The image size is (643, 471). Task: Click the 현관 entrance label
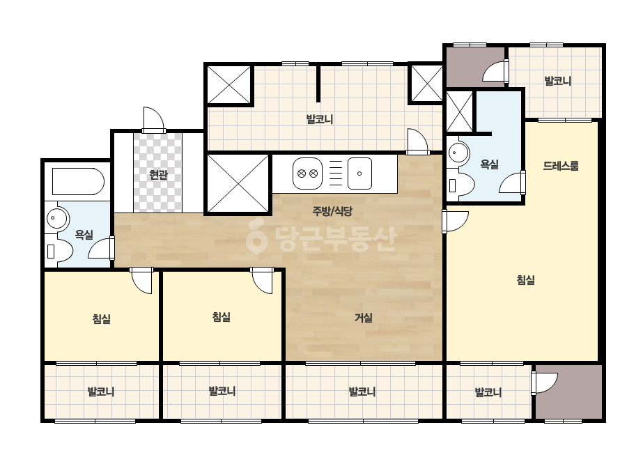(158, 175)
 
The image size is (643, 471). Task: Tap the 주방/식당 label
(332, 211)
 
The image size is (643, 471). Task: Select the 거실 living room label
(364, 318)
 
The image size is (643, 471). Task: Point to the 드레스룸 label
(561, 166)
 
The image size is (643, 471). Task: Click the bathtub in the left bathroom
(78, 181)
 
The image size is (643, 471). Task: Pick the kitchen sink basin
(359, 173)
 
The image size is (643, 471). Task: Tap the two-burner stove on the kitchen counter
(307, 173)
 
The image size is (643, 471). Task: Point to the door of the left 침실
(141, 281)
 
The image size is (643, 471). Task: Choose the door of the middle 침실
(262, 281)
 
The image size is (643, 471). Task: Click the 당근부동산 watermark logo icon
(256, 236)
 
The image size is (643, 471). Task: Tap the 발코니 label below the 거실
(362, 392)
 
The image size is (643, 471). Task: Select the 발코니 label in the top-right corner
(558, 81)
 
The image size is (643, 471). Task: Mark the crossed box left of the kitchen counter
(238, 183)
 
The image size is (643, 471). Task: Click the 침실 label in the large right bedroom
(525, 280)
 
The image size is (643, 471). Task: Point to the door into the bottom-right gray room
(544, 383)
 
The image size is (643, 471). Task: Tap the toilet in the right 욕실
(461, 185)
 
